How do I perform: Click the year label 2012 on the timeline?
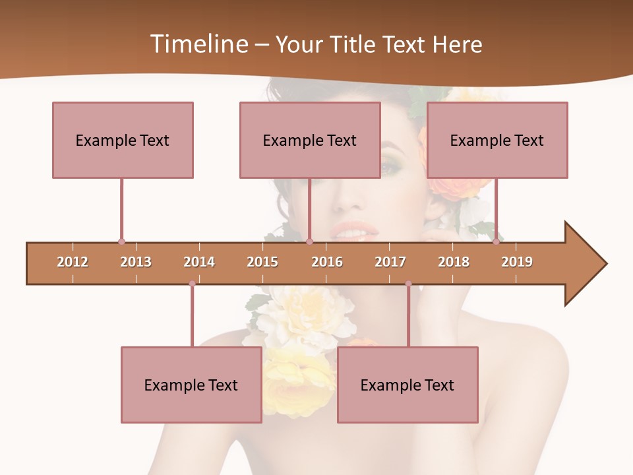73,262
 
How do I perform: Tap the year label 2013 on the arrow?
136,262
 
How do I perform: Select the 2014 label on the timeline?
199,262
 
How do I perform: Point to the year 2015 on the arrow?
262,262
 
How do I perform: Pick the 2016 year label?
327,262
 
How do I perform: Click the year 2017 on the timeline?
390,262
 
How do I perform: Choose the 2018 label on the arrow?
454,262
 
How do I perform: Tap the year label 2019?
517,262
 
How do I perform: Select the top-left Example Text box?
123,140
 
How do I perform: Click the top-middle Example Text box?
310,140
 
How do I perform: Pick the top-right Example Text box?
497,140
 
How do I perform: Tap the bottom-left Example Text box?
191,385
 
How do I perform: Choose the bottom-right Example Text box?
407,385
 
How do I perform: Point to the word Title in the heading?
352,44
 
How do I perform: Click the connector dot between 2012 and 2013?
121,241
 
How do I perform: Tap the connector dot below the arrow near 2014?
192,284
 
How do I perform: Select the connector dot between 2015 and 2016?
309,241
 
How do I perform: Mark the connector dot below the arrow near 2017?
408,284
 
